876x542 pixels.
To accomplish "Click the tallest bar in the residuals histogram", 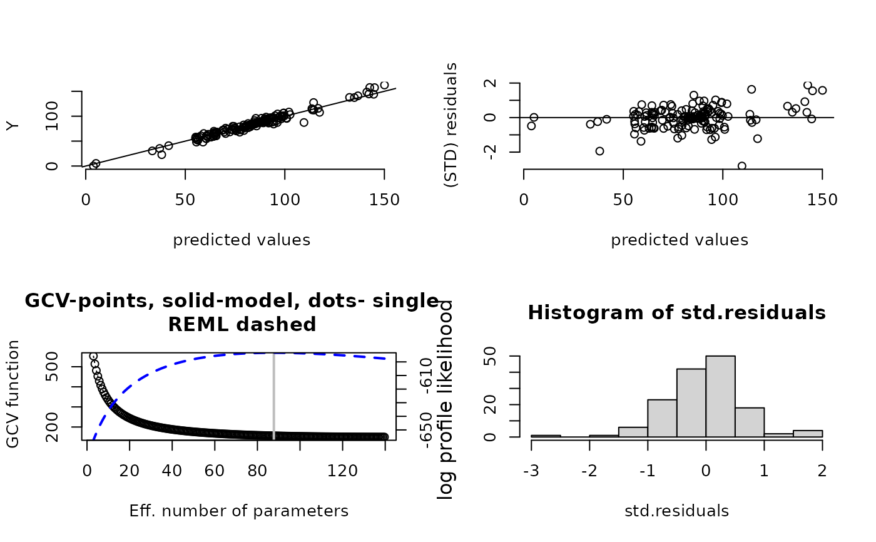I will (x=720, y=396).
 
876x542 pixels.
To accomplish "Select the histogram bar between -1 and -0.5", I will (x=662, y=418).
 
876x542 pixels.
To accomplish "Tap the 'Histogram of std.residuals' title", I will (x=676, y=313).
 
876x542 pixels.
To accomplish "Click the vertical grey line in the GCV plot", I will (x=273, y=394).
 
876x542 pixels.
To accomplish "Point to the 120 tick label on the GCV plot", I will (x=342, y=469).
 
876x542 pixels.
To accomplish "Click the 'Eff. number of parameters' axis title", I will (x=238, y=511).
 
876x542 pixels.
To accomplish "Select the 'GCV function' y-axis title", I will (x=13, y=394).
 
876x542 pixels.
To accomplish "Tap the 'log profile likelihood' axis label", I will (x=446, y=401).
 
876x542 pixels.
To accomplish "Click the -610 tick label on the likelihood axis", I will (x=426, y=374).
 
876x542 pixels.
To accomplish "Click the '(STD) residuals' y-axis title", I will (x=450, y=125).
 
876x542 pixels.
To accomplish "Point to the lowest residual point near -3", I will (x=742, y=166).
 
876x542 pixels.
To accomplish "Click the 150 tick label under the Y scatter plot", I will (x=382, y=200).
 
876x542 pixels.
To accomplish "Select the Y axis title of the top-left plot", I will (x=13, y=126).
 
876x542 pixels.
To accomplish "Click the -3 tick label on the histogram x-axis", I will (x=531, y=469).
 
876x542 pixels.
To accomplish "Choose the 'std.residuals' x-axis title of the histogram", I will (x=676, y=511).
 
